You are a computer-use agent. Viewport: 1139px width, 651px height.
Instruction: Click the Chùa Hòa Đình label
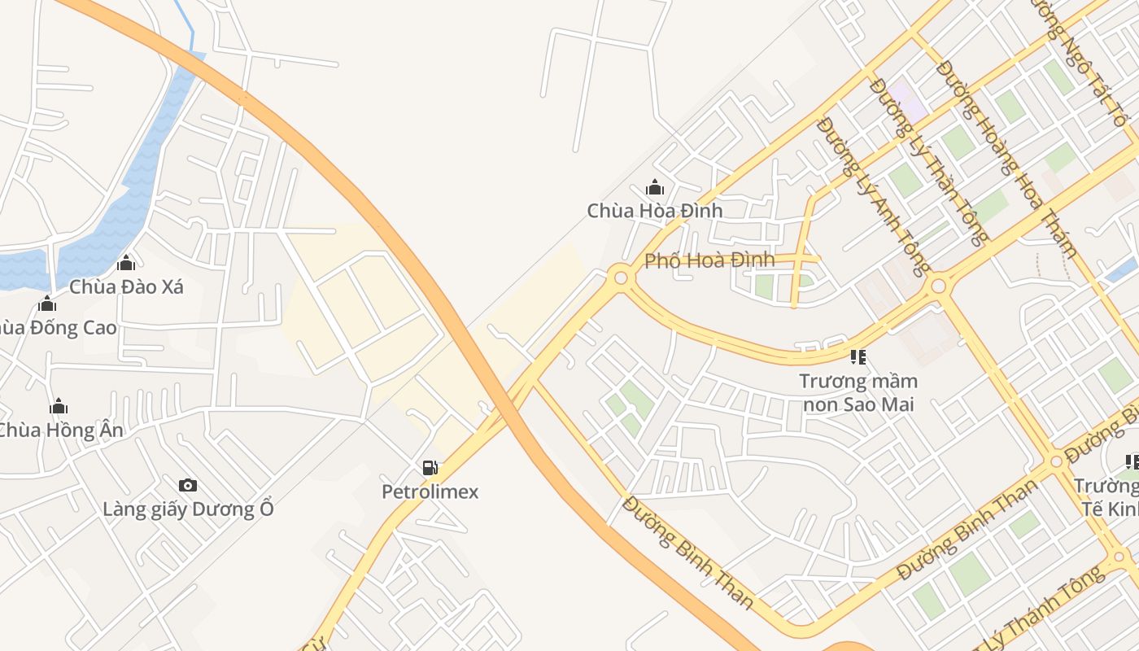point(655,211)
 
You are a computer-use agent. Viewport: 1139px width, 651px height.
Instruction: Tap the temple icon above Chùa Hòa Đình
point(655,188)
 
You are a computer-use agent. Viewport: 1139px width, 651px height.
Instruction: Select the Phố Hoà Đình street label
point(709,261)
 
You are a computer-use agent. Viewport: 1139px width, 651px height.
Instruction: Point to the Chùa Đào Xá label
point(126,287)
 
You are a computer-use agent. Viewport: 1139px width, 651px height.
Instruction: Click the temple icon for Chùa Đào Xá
point(126,263)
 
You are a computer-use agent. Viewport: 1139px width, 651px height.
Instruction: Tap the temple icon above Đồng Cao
point(48,304)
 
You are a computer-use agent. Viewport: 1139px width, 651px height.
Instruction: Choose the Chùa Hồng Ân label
point(60,430)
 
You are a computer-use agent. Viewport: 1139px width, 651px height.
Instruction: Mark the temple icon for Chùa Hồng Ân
point(59,406)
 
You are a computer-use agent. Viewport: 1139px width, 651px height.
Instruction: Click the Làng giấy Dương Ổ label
point(188,509)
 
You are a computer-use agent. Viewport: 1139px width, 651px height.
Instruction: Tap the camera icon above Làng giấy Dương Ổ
point(188,486)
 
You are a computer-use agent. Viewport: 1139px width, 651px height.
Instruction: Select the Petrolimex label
point(430,492)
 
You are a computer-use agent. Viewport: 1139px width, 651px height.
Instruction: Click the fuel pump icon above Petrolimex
point(430,468)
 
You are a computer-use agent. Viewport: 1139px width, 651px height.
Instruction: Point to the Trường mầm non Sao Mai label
point(858,392)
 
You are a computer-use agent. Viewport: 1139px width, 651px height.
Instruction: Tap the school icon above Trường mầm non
point(858,356)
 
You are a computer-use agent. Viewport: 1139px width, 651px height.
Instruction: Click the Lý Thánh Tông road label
point(1050,610)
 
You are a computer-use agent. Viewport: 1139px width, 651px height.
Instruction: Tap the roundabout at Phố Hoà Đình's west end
point(621,278)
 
